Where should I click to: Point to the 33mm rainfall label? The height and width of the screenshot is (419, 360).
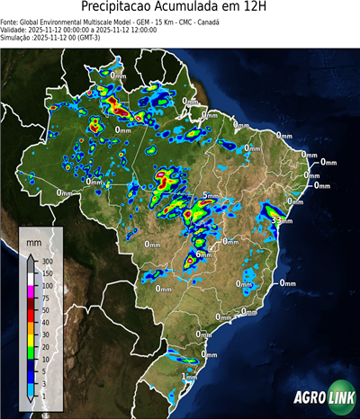coord(278,220)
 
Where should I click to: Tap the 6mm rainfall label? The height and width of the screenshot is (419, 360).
coord(203,255)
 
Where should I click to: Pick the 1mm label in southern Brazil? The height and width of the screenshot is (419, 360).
coord(189,377)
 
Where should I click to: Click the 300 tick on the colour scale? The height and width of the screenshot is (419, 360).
coord(47,261)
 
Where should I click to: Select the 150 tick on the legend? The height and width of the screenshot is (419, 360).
coord(47,272)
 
